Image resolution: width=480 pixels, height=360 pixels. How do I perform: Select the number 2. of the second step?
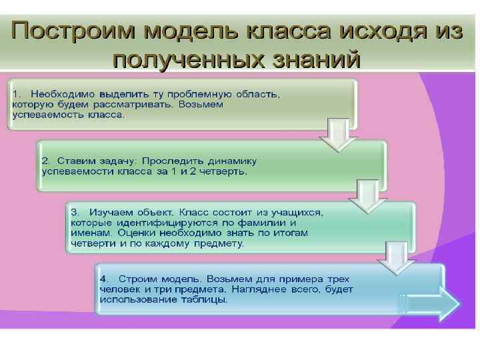tap(46, 161)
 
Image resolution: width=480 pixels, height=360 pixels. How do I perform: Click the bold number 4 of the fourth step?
tap(103, 278)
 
